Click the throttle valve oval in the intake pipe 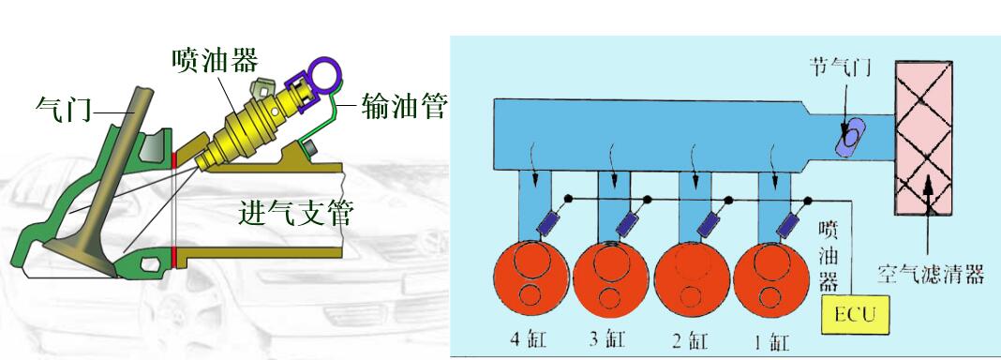(849, 137)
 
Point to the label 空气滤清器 (932, 275)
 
